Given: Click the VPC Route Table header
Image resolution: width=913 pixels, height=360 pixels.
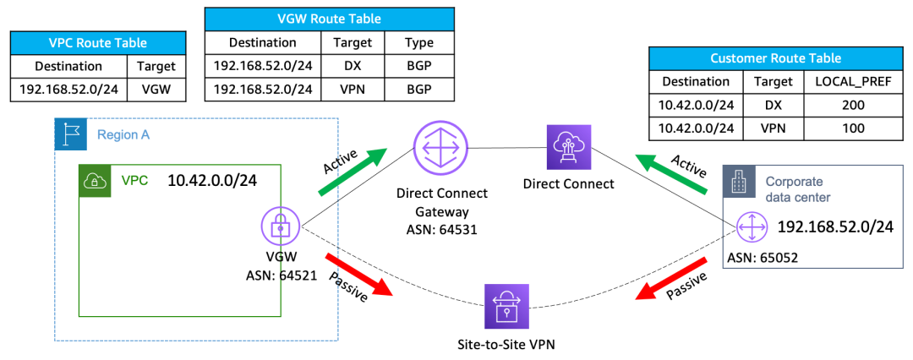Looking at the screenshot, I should tap(98, 43).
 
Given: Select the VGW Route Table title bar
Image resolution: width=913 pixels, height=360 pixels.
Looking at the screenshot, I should tap(329, 19).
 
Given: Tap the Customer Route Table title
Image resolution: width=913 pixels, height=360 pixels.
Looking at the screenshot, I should tap(776, 59).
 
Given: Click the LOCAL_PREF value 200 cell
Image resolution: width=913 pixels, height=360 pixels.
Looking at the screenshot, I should tap(851, 105).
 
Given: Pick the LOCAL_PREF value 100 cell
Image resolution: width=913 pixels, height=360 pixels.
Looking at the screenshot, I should tap(851, 128).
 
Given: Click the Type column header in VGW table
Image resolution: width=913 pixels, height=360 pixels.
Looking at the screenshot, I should tap(419, 41).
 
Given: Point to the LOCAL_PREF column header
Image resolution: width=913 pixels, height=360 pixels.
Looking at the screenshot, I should tap(851, 82).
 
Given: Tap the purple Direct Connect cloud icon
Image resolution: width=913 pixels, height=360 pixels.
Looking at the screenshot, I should tap(568, 147).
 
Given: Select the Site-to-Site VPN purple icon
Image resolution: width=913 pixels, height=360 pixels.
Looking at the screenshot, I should tap(506, 305).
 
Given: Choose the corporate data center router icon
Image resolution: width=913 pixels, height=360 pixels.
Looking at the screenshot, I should tap(750, 226).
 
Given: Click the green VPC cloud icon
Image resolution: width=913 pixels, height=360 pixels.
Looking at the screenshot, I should tap(93, 181).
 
